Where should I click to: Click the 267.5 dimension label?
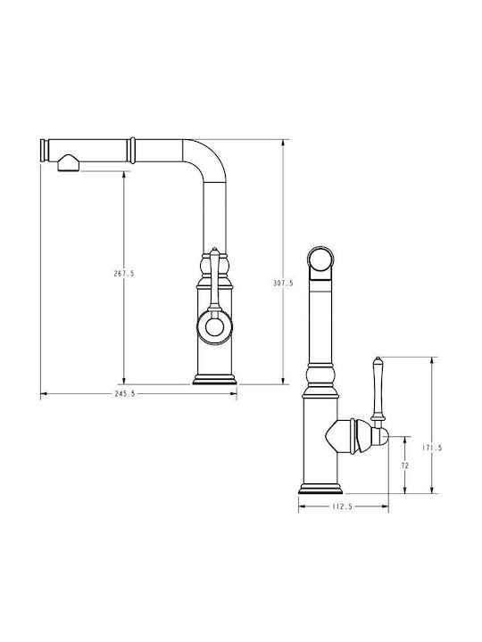(x=124, y=274)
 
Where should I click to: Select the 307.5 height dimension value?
(x=283, y=283)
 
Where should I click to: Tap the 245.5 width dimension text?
(x=125, y=394)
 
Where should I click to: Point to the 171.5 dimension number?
(x=432, y=448)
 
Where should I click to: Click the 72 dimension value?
(x=405, y=465)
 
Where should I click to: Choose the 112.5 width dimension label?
(x=342, y=506)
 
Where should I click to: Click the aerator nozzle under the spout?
(x=69, y=163)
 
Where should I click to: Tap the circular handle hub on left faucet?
(x=214, y=327)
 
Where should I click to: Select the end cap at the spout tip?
(x=45, y=151)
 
